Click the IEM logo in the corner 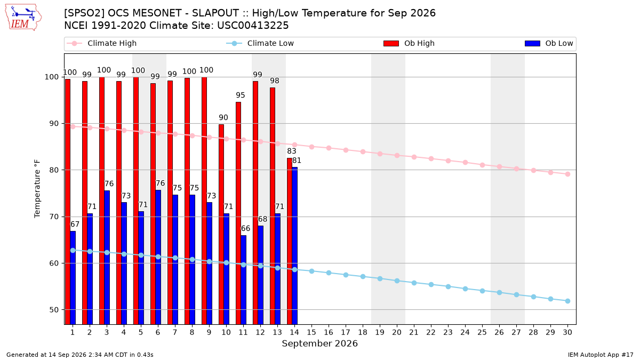point(23,17)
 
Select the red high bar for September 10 point(221,225)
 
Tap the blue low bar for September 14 point(294,246)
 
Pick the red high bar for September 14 point(290,241)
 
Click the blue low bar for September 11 point(243,279)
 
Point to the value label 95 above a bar point(241,95)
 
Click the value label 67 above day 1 point(75,225)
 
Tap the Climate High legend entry point(102,43)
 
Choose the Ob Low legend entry point(549,43)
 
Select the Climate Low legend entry point(260,43)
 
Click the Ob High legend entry point(409,43)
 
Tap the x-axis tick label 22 point(431,332)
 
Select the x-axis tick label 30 point(567,332)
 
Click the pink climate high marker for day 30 point(567,174)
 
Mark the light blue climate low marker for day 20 point(397,281)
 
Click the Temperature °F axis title point(37,189)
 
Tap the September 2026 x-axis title point(319,343)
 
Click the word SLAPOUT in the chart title point(215,13)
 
